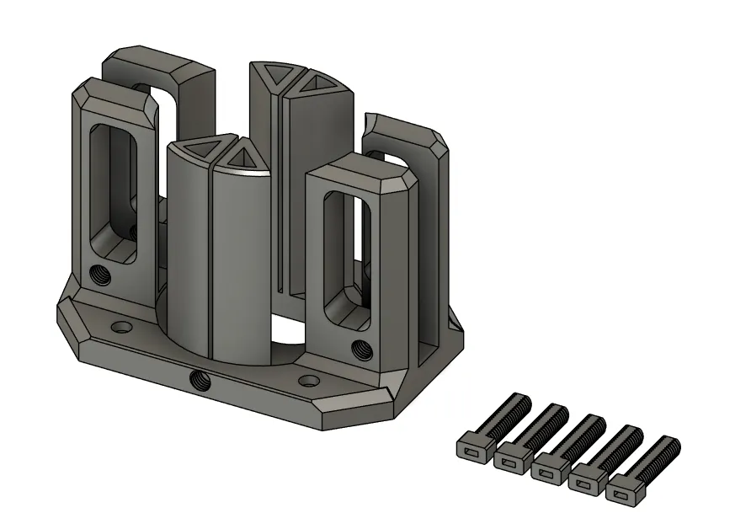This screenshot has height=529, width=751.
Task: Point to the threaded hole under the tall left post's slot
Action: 100,275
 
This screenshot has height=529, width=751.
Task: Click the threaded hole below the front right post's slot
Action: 361,345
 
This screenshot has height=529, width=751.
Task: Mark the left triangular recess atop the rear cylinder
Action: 269,74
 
